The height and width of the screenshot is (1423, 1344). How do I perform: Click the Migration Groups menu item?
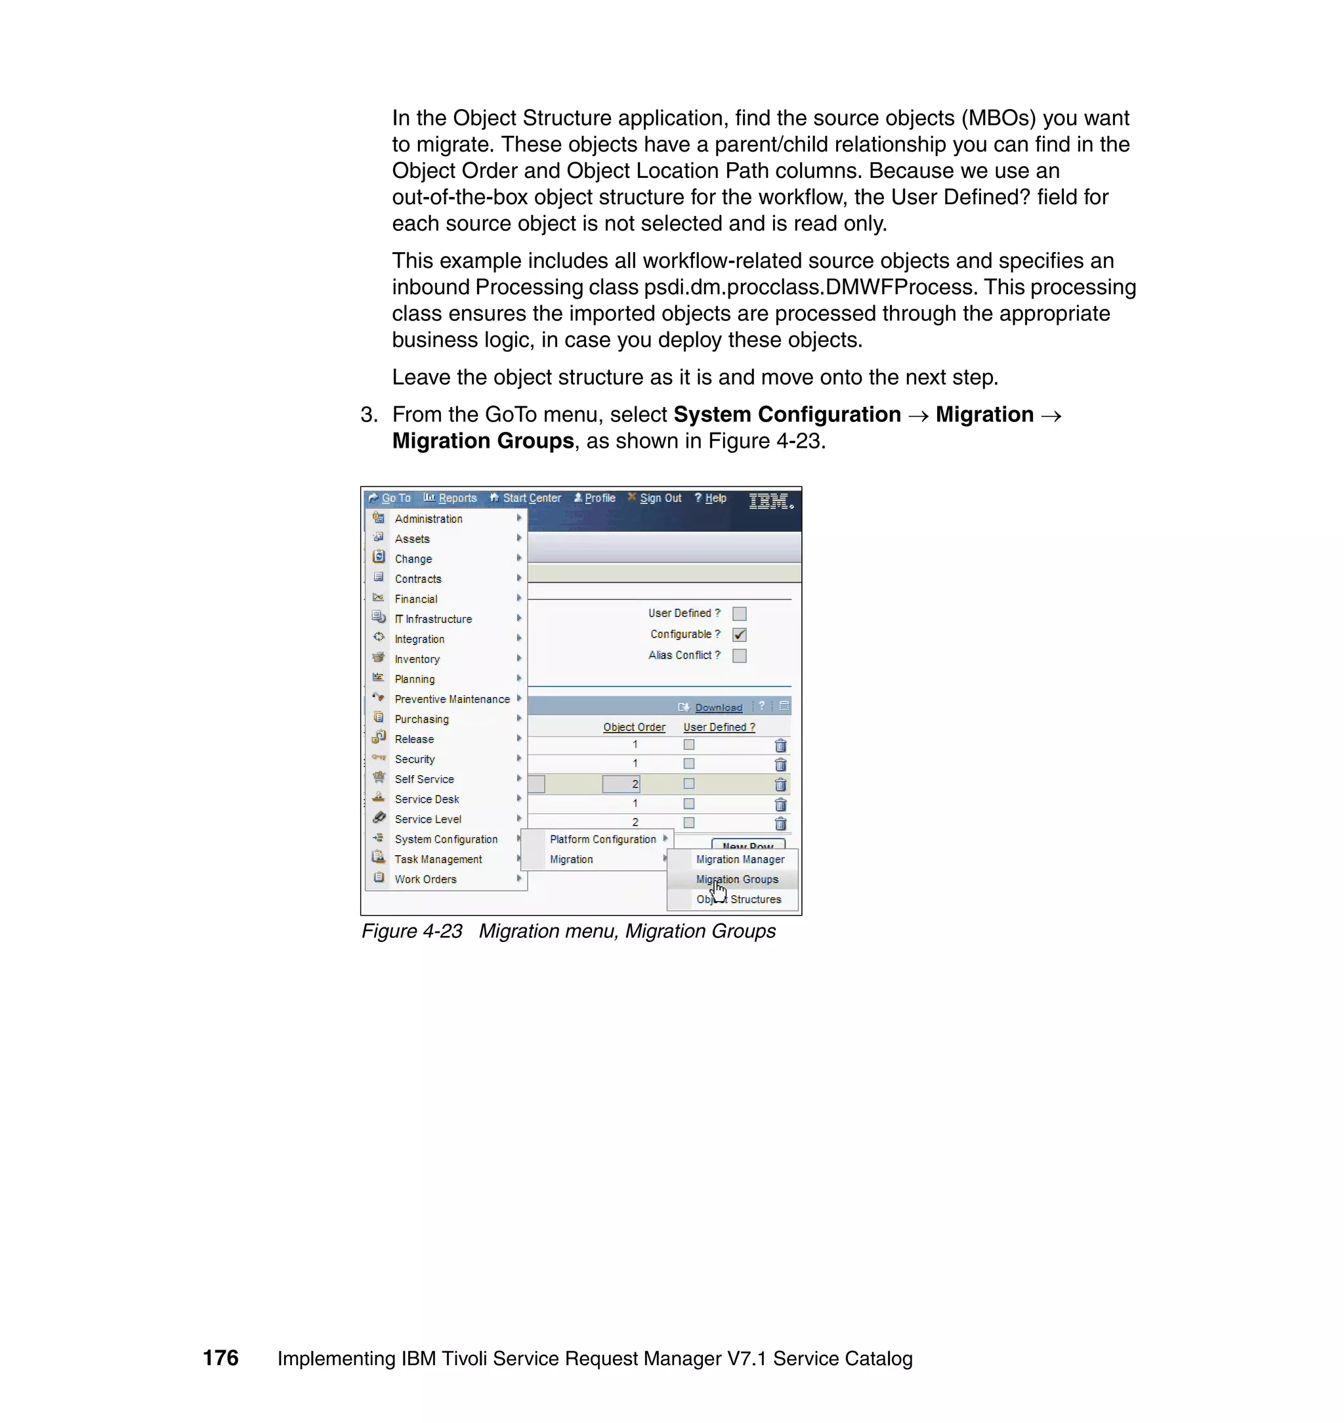(x=736, y=879)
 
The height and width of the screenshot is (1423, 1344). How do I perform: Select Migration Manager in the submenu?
(x=740, y=859)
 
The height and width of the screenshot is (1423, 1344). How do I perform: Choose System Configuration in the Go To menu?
(x=446, y=839)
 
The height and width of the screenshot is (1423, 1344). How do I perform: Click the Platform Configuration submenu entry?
(x=602, y=839)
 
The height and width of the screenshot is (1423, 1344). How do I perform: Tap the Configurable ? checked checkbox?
(x=740, y=635)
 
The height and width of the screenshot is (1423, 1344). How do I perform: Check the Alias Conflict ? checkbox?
(x=740, y=656)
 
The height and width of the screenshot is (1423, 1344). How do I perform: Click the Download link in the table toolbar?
(x=718, y=707)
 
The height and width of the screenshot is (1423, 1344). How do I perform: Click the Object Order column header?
(x=634, y=727)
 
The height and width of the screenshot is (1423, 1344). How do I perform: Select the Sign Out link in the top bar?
(x=660, y=498)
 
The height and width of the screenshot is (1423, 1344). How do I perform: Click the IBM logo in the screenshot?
(x=769, y=501)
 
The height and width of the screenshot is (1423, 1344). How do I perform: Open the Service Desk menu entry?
(x=427, y=799)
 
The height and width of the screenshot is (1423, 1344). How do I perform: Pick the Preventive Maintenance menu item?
(x=452, y=699)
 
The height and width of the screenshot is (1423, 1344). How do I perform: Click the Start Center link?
(x=531, y=498)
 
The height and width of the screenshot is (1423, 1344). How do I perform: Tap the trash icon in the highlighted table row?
(x=780, y=784)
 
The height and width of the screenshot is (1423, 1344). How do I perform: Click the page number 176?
(x=220, y=1358)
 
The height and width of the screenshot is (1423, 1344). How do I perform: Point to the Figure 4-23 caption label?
(x=412, y=931)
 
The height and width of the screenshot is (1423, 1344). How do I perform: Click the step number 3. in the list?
(x=369, y=415)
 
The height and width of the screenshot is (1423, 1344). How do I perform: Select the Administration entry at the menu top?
(x=429, y=519)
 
